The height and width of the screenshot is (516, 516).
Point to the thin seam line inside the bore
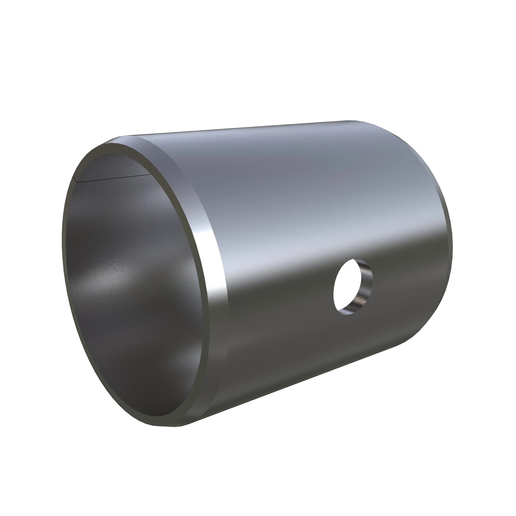pyautogui.click(x=112, y=179)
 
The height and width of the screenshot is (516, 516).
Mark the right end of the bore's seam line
pyautogui.click(x=151, y=175)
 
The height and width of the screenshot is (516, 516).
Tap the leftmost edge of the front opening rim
pyautogui.click(x=62, y=240)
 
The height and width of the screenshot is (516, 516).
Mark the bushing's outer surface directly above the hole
pyautogui.click(x=347, y=227)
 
